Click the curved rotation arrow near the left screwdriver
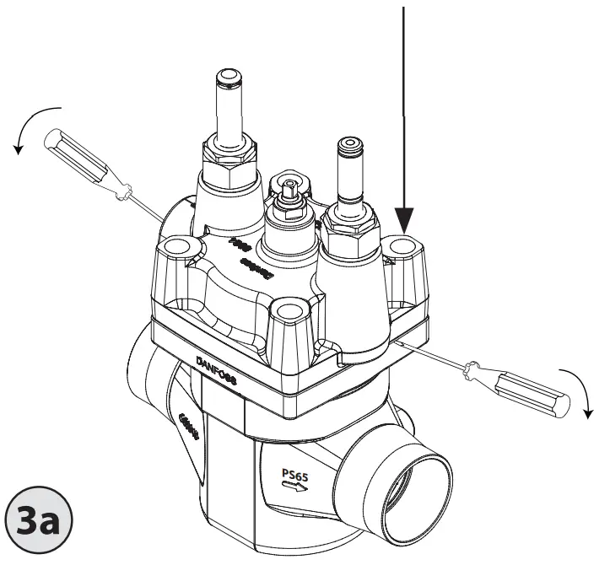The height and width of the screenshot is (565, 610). point(34,126)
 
